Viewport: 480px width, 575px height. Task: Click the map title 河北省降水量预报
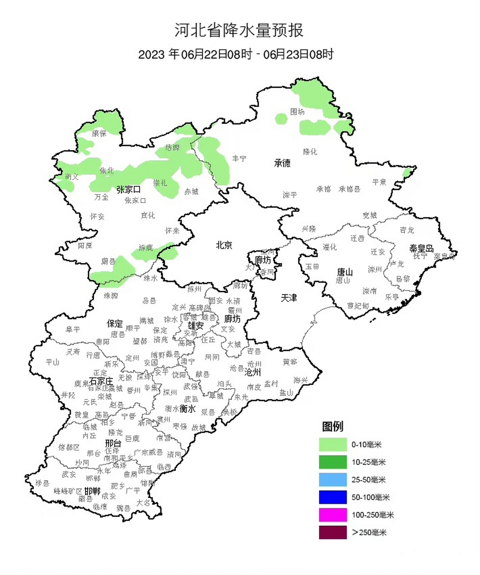pos(239,31)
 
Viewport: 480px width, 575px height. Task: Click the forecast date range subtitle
pos(236,54)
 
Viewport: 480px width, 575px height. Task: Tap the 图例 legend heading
pos(332,426)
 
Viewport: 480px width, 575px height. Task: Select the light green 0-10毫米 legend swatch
pos(333,444)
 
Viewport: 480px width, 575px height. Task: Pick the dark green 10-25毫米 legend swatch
pos(333,462)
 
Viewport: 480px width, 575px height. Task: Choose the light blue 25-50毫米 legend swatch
pos(333,479)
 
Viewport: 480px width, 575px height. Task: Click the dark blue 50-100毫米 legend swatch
pos(333,497)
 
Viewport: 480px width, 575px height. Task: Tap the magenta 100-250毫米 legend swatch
pos(333,515)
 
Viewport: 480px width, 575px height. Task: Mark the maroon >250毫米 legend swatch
pos(333,532)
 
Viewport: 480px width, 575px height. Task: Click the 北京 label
pos(224,245)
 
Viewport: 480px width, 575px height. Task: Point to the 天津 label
pos(289,298)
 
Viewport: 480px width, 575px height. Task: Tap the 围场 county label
pos(297,112)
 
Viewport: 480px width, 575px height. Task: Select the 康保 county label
pos(99,133)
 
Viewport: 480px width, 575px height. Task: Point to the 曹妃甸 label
pos(358,306)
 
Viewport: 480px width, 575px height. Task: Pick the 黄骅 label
pos(290,362)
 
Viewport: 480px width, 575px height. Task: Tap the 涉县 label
pos(42,482)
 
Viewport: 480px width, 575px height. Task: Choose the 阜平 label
pos(73,330)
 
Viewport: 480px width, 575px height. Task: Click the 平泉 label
pos(379,182)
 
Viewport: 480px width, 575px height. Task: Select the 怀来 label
pos(172,231)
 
